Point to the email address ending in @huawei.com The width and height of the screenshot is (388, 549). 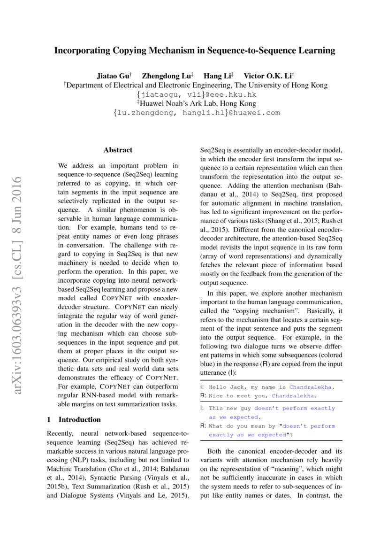(x=197, y=113)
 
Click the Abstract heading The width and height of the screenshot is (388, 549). (x=118, y=150)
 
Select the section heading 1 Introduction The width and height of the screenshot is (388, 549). (x=74, y=419)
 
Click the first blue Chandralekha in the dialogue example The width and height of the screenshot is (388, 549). (x=312, y=387)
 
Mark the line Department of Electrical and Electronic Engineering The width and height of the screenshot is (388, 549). (x=196, y=85)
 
